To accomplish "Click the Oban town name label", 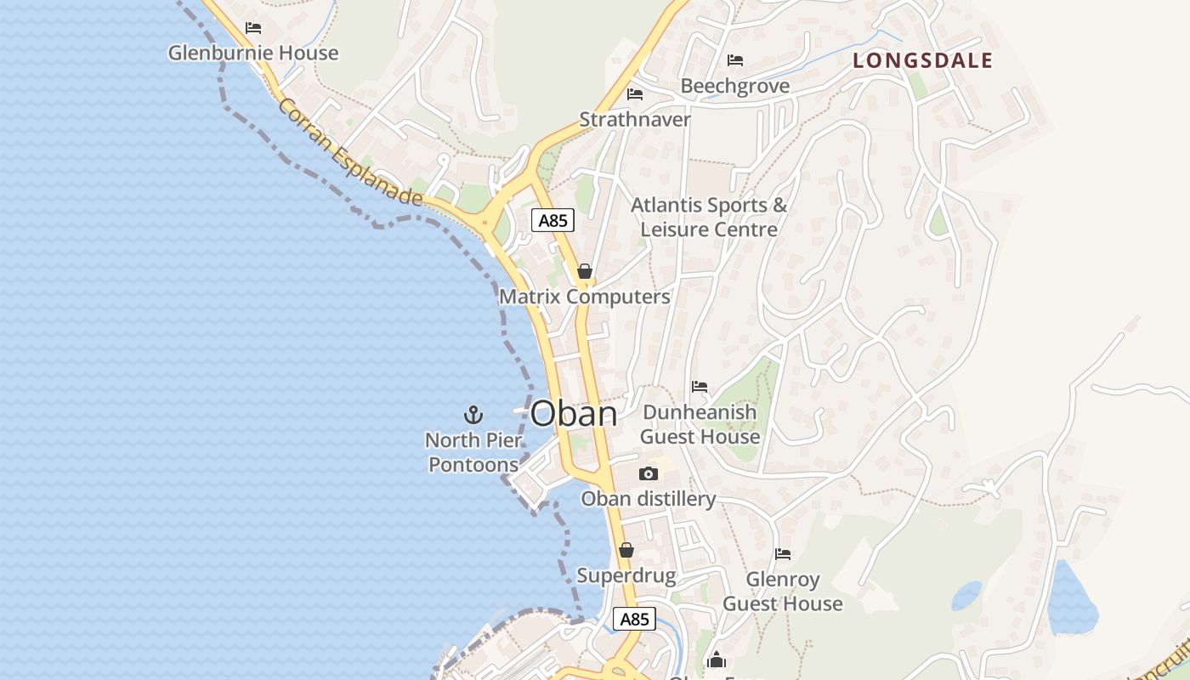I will click(x=574, y=414).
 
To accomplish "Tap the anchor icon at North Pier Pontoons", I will click(x=473, y=415).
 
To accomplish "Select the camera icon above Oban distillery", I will click(x=649, y=473).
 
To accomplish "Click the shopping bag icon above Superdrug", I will click(x=626, y=550).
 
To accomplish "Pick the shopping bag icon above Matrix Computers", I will click(x=585, y=271).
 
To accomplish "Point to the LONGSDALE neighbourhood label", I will click(x=922, y=60).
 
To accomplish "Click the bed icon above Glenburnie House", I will click(x=253, y=28).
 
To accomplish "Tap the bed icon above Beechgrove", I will click(x=735, y=60).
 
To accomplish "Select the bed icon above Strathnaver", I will click(x=635, y=93).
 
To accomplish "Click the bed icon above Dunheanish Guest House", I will click(x=700, y=387).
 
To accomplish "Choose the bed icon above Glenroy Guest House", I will click(x=783, y=554).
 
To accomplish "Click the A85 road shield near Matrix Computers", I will click(x=553, y=221).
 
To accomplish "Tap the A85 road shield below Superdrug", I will click(x=634, y=619).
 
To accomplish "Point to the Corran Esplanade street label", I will click(x=349, y=153).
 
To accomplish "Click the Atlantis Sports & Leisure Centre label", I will click(x=709, y=218).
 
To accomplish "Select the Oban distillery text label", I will click(x=649, y=499).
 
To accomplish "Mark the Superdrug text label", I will click(x=626, y=575).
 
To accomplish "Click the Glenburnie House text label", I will click(x=253, y=53).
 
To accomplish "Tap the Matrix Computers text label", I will click(x=585, y=297).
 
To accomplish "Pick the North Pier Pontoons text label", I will click(x=473, y=452).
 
